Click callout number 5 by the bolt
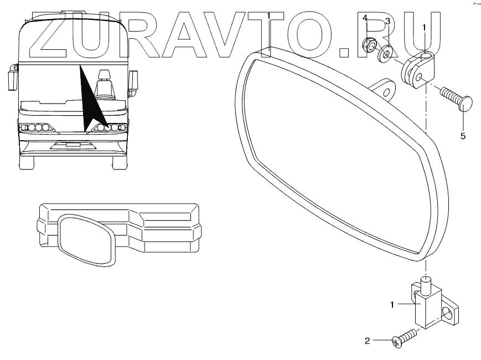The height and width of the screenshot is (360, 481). [463, 135]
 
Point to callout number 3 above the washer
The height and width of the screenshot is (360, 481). [387, 21]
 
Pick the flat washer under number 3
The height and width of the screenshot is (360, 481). [386, 53]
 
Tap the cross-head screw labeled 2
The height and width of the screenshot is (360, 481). [404, 338]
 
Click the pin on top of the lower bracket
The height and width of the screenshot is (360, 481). [426, 286]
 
